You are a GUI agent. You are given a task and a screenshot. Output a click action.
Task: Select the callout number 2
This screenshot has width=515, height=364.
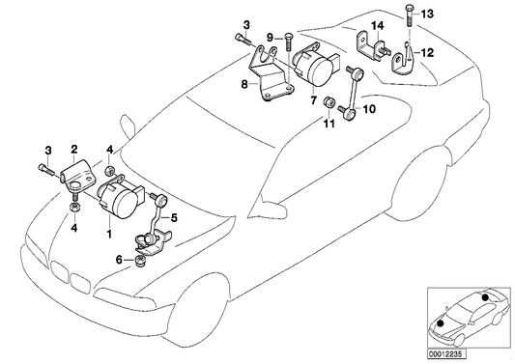click(x=72, y=150)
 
